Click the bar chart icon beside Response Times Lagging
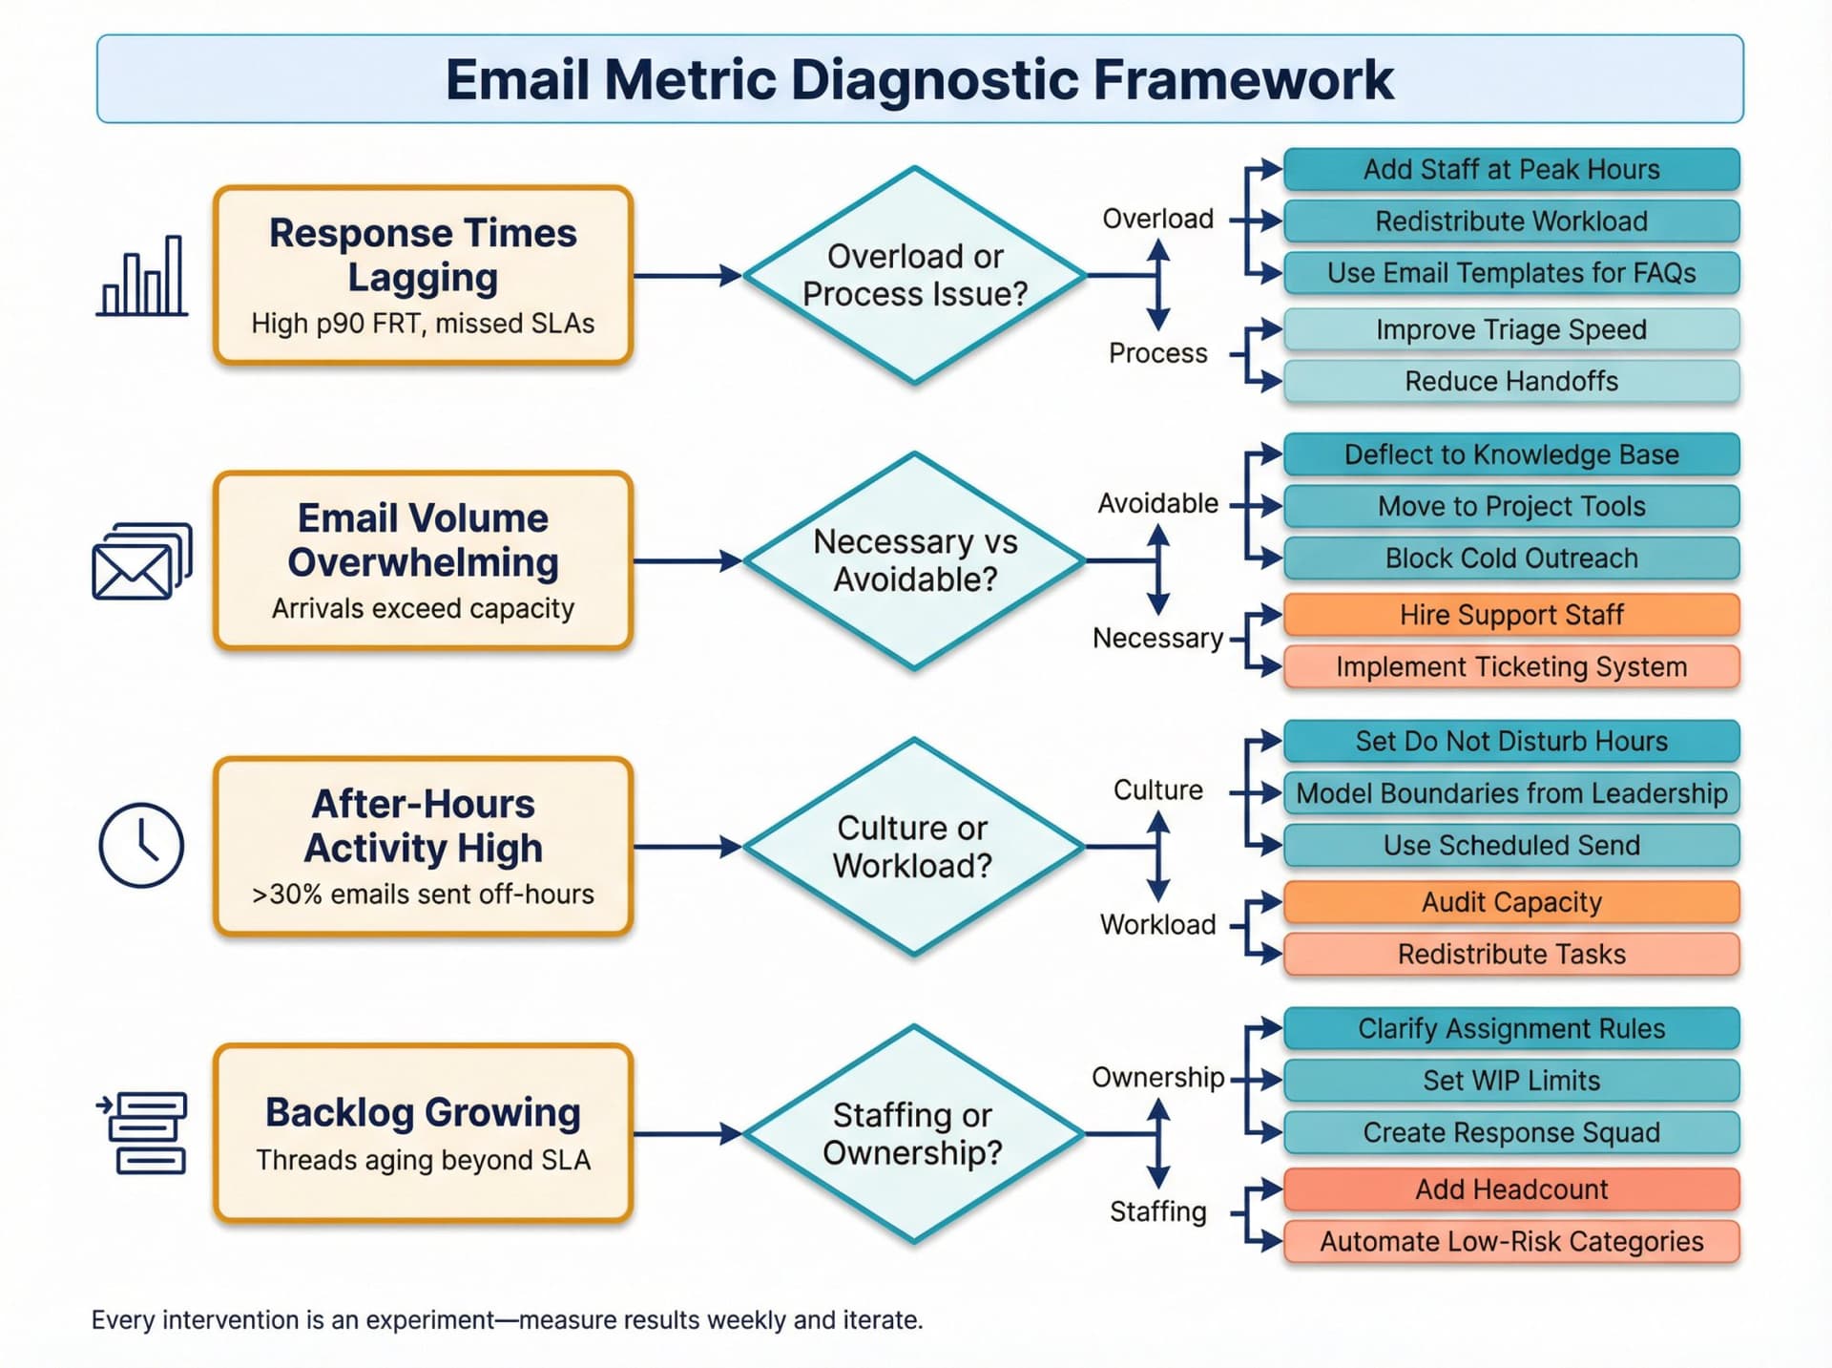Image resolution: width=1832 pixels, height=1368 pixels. (142, 277)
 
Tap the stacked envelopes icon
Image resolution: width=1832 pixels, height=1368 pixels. (141, 562)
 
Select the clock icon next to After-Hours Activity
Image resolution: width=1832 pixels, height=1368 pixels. (141, 846)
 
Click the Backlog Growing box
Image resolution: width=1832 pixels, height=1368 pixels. (423, 1133)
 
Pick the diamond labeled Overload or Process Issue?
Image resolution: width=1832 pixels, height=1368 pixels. (914, 276)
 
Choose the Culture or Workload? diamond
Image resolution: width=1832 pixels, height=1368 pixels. (914, 847)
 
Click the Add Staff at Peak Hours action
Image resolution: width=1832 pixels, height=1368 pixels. (1510, 170)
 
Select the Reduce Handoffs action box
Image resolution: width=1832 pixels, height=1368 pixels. (1510, 382)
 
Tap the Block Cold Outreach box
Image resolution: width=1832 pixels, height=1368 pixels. (1510, 558)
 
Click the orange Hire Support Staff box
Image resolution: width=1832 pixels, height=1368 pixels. (1510, 615)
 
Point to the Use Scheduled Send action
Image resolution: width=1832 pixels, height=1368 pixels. (1510, 846)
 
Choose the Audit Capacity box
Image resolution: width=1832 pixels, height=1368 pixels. (1510, 902)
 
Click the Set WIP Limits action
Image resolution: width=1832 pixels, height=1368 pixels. (1510, 1081)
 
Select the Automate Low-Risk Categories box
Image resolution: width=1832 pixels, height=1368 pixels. (1510, 1242)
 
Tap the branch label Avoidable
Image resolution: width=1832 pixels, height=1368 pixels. (1157, 503)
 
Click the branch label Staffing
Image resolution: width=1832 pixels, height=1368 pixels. (1157, 1212)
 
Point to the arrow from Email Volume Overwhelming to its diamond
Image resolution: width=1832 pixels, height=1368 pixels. (687, 561)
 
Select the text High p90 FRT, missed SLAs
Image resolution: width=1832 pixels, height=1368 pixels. (423, 324)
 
